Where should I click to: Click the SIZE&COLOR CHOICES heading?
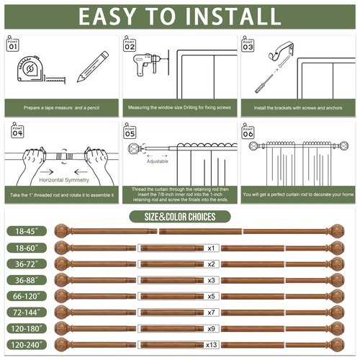(180, 216)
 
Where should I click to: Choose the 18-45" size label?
(26, 232)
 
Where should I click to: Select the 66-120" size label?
(26, 295)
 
